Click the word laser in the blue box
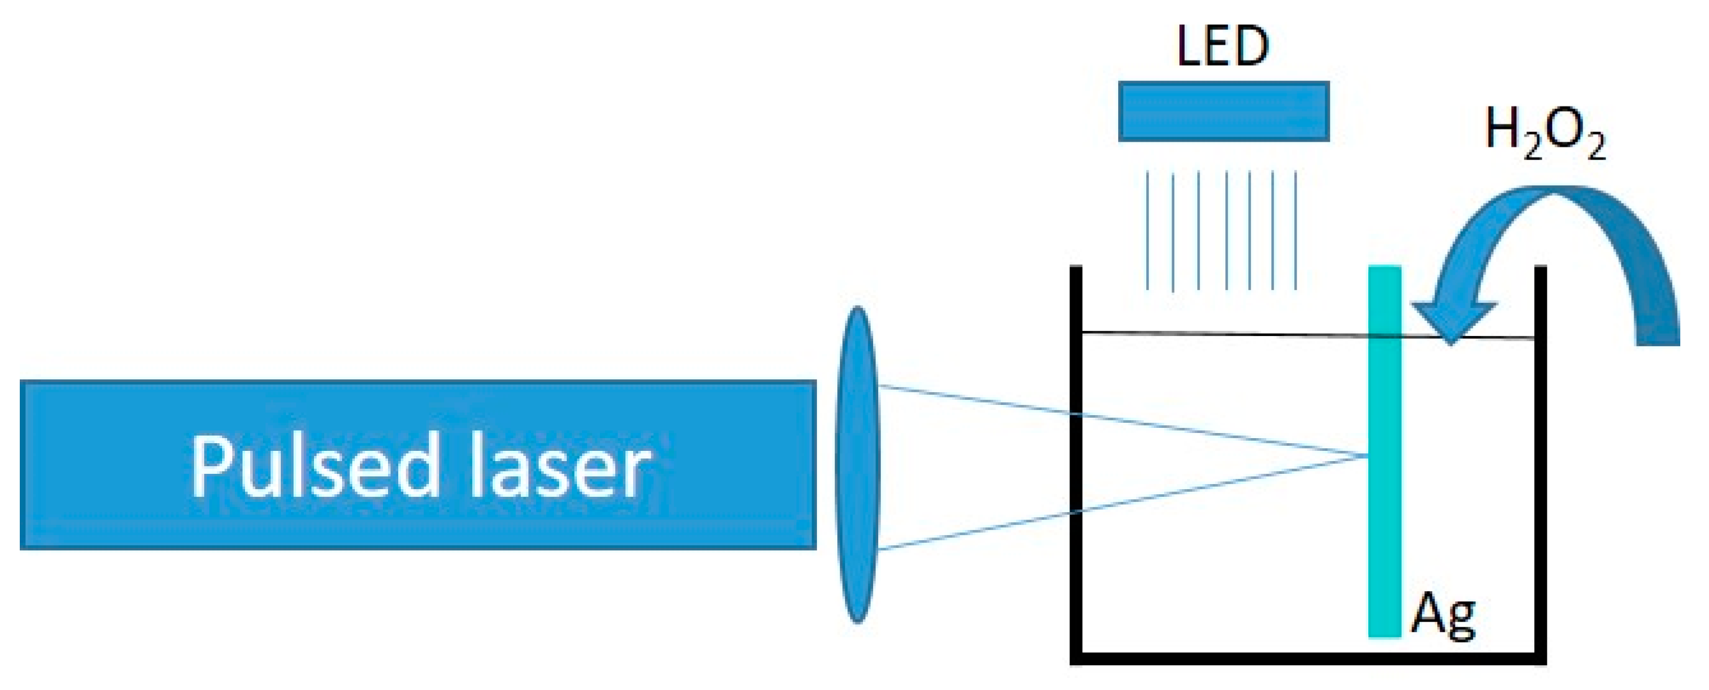coord(559,466)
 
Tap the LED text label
coord(1223,47)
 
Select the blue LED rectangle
coord(1223,112)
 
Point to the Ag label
coord(1442,617)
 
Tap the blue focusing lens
coord(858,464)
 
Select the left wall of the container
coord(1076,464)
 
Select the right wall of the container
coord(1541,464)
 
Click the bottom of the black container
coord(1307,658)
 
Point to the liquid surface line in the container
coord(1227,334)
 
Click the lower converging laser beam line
coord(1128,504)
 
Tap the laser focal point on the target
coord(1367,456)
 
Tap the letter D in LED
coord(1251,47)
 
